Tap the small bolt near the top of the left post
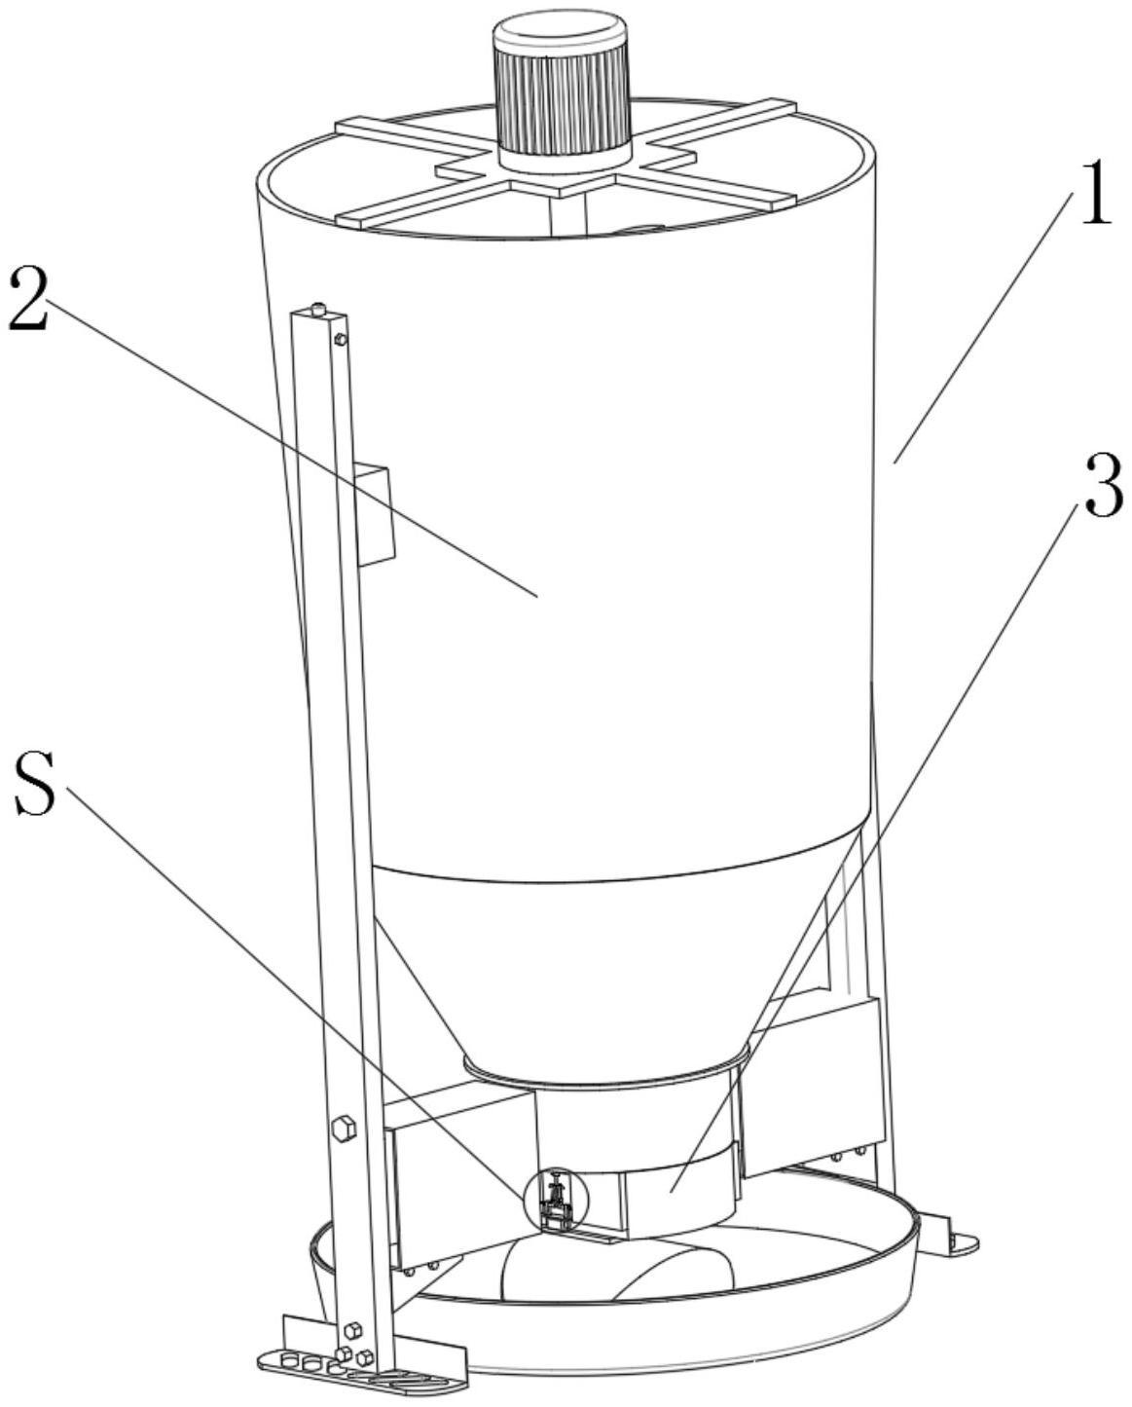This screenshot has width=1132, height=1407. pyautogui.click(x=340, y=339)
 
